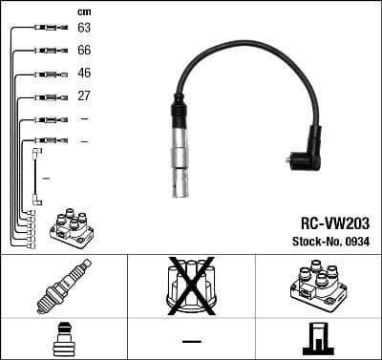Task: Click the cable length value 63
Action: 84,28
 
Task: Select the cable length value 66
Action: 84,51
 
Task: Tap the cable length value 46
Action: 84,74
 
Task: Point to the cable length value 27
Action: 84,96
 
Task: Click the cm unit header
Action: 84,11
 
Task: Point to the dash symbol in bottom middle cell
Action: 191,341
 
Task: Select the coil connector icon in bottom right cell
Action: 317,340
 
